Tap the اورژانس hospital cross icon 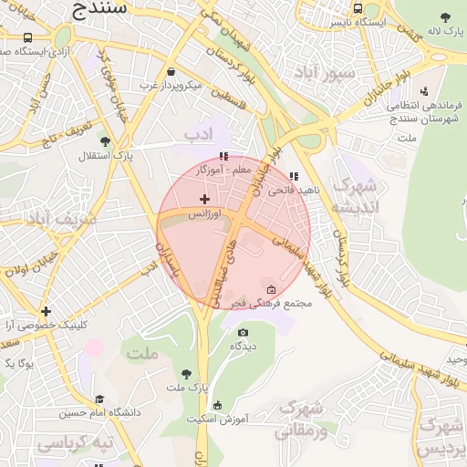[x=203, y=198]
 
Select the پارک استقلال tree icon [x=106, y=141]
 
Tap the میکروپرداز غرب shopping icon [x=171, y=72]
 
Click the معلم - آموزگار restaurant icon [x=223, y=156]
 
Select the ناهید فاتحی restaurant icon [x=293, y=176]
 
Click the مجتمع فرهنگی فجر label [x=273, y=303]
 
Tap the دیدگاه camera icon [x=243, y=332]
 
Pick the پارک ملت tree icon [x=186, y=374]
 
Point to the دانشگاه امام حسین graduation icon [x=99, y=400]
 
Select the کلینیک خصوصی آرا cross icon [x=46, y=311]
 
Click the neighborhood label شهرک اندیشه [x=353, y=196]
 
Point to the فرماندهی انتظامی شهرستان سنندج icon [x=424, y=90]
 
